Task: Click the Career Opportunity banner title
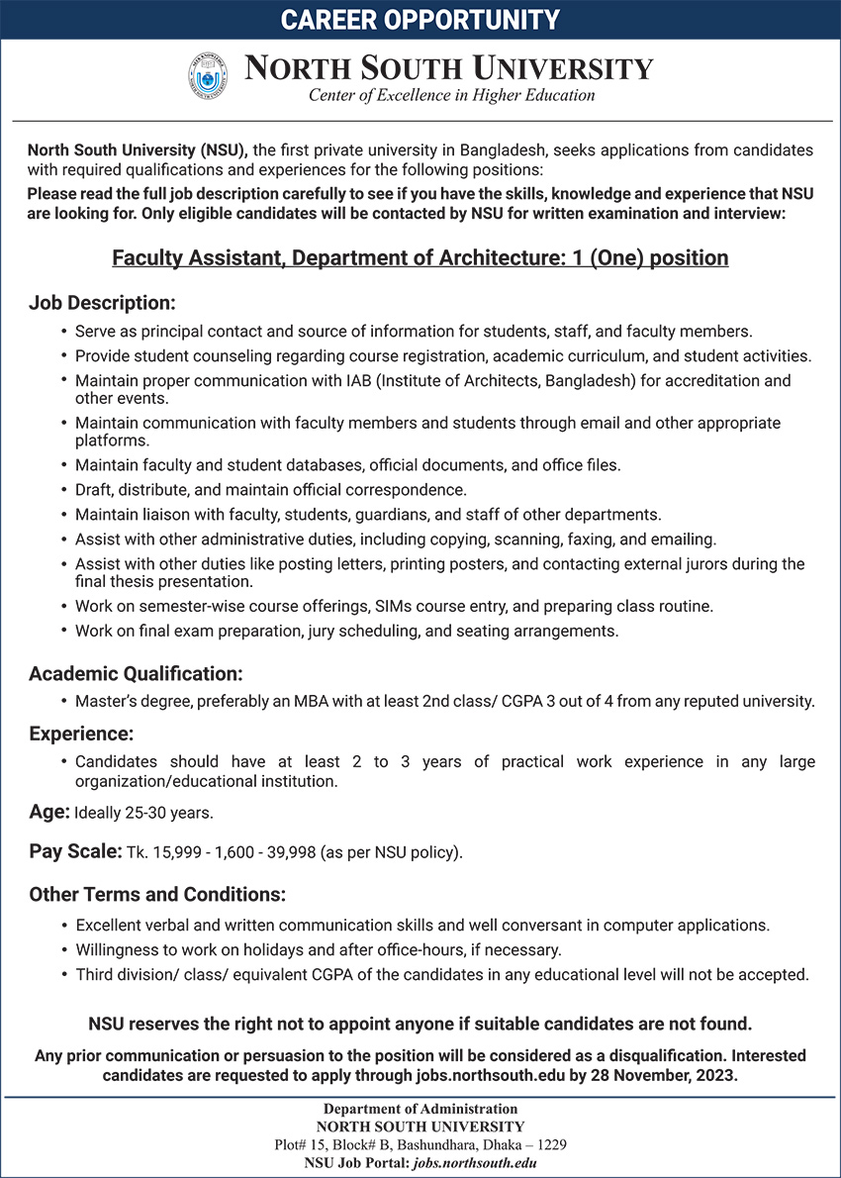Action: pos(420,20)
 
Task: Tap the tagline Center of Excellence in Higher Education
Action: pos(452,96)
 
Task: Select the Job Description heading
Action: pos(102,302)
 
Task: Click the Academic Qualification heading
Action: pos(136,674)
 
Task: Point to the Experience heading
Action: pos(81,735)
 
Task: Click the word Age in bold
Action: pos(48,813)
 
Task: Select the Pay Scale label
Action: pos(75,851)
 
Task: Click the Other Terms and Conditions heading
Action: pos(157,895)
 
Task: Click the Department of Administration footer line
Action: pos(420,1110)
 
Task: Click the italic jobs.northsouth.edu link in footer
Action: pos(475,1162)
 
